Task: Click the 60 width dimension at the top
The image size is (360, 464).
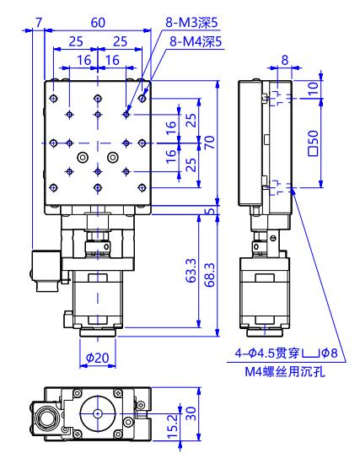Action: coord(98,23)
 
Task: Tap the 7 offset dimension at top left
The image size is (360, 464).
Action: coord(39,23)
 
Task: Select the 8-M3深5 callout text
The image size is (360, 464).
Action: coord(191,23)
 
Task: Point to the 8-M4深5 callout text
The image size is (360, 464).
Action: coord(196,41)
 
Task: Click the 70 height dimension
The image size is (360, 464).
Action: coord(210,143)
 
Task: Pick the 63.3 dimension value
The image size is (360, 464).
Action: coord(191,271)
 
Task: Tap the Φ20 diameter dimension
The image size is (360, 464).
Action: coord(97,358)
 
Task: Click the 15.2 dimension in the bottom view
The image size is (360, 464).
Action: coord(173,426)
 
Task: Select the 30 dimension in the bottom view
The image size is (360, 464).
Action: coord(191,413)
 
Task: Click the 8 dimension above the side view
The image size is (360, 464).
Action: coord(285,60)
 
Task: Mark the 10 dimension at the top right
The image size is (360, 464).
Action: coord(313,89)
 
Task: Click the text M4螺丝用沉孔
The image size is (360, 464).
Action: coord(285,372)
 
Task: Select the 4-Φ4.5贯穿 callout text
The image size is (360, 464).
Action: coord(268,353)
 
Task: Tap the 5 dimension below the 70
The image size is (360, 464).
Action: coord(210,211)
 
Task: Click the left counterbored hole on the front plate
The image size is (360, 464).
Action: coord(83,157)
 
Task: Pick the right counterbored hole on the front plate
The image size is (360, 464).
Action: coord(112,157)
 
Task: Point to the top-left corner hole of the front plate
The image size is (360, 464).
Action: coord(54,98)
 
